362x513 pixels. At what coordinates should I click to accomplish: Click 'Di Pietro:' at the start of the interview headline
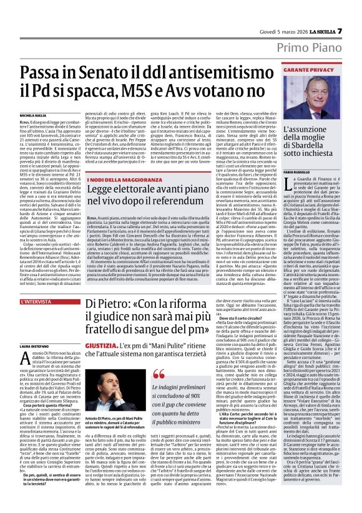coord(113,305)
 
